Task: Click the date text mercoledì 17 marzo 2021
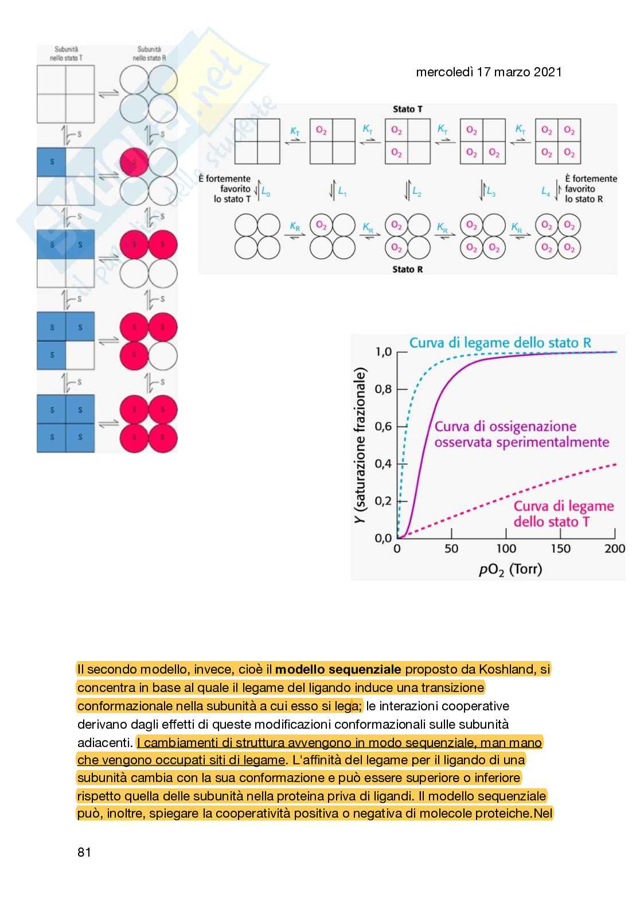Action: (488, 72)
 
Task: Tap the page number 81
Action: (84, 853)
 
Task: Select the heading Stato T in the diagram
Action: (408, 109)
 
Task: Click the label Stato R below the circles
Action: (408, 269)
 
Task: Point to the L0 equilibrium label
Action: (266, 192)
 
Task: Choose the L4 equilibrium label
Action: (546, 192)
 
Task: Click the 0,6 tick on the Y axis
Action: (383, 426)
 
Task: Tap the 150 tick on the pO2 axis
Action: (560, 549)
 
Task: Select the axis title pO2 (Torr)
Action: (510, 569)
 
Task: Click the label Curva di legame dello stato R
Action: (500, 343)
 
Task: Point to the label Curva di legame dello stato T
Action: (563, 514)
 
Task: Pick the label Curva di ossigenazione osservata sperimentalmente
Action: (521, 434)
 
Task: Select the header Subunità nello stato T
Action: (66, 54)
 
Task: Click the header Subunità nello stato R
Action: (149, 54)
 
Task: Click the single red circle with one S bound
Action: (134, 162)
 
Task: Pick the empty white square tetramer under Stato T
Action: (257, 141)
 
